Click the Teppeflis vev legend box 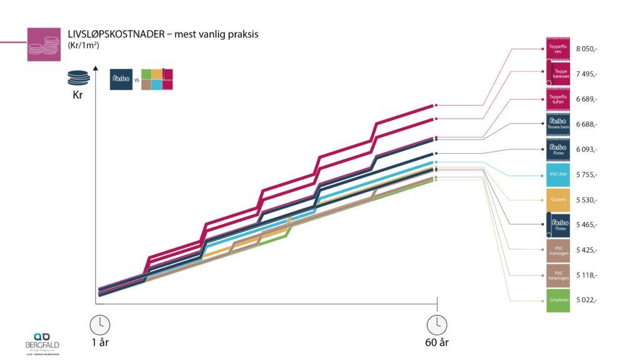pos(557,48)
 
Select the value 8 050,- pos(586,48)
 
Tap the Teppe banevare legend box pos(557,73)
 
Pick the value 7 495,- pos(586,74)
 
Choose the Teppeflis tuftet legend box pos(557,99)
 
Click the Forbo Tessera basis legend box pos(557,124)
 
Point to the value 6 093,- pos(586,149)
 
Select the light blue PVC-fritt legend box pos(557,175)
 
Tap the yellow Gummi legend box pos(557,200)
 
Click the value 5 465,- pos(586,224)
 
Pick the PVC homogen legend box pos(557,250)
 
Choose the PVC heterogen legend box pos(557,275)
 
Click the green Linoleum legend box pos(557,300)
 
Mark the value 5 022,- pos(586,300)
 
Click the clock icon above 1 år pos(99,324)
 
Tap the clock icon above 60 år pos(437,324)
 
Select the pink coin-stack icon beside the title pos(44,44)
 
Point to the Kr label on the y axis pos(77,96)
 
